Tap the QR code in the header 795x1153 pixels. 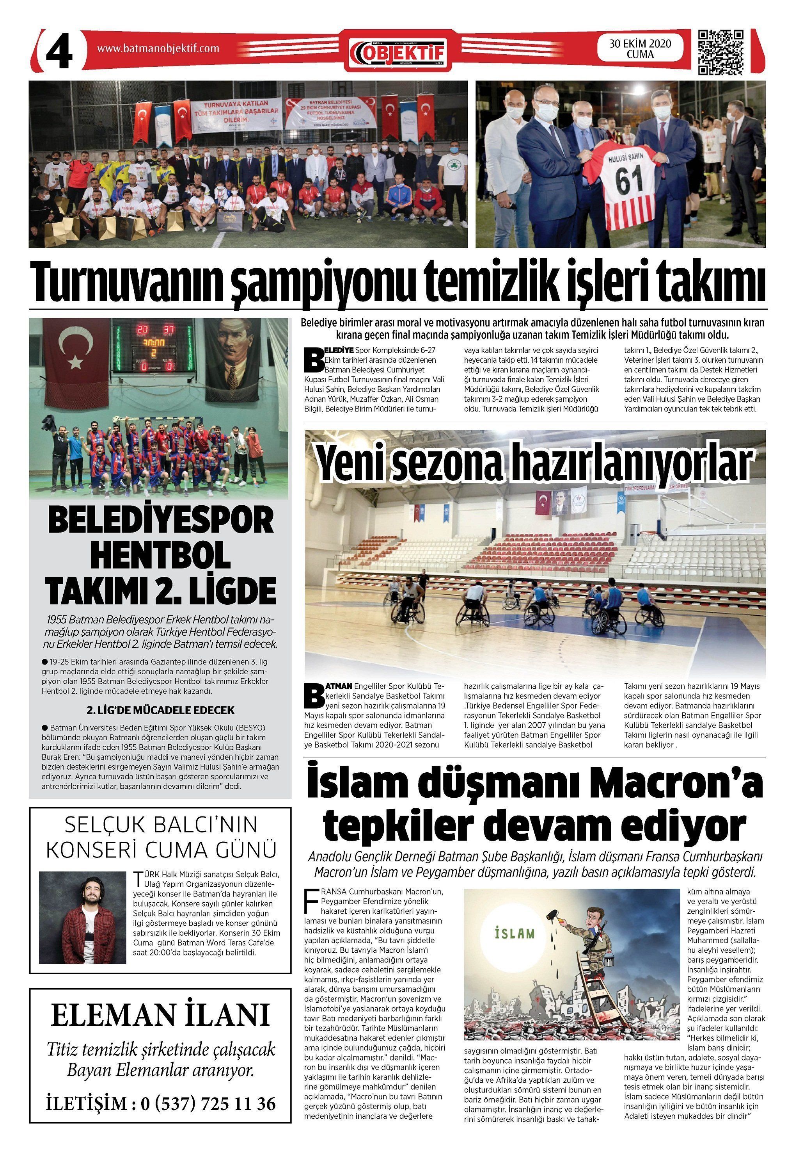tap(721, 52)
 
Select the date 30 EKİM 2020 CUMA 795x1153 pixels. tap(640, 49)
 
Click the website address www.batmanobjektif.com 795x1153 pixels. tap(158, 48)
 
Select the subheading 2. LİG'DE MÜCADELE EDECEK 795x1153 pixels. tap(160, 710)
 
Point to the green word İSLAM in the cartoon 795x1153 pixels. tap(515, 933)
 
